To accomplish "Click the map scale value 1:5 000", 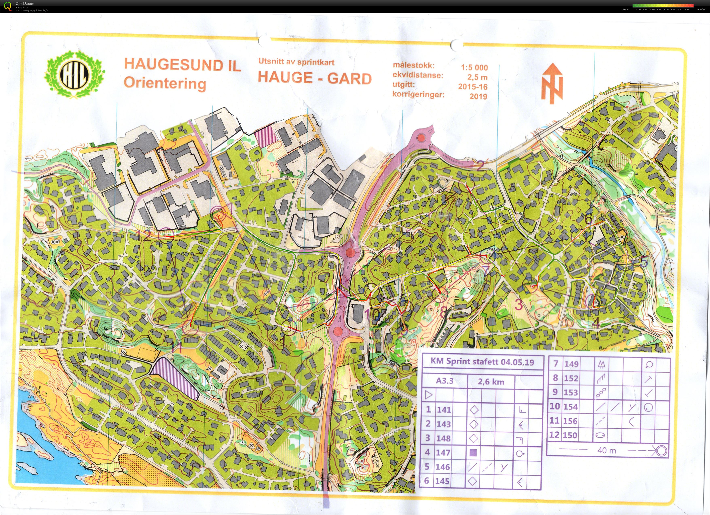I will click(474, 67).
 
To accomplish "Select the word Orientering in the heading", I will click(165, 83).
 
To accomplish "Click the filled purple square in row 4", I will click(474, 452).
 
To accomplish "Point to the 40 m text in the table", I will click(606, 451).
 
